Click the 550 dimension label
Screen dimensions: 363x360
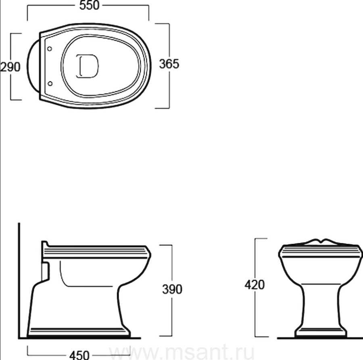coord(90,5)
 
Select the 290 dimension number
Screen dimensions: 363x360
coord(10,67)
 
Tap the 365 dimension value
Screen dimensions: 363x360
coord(169,64)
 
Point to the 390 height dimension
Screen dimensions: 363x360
coord(172,289)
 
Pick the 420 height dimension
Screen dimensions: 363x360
coord(255,285)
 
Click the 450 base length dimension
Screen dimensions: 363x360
coord(79,355)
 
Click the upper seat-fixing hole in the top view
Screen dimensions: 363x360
coord(50,49)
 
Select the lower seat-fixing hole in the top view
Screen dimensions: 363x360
coord(50,83)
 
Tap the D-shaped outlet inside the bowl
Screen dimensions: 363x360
coord(87,66)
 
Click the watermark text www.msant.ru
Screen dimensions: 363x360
coord(181,353)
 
